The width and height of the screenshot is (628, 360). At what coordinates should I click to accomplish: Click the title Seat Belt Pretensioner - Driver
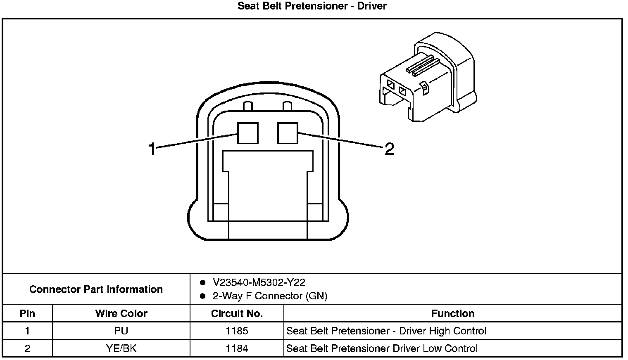pos(312,6)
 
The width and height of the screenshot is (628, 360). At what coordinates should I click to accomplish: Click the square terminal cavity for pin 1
pos(247,133)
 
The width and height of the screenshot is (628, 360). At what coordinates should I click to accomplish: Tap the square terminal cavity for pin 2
pos(288,133)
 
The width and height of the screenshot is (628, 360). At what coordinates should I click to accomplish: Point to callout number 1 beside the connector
pos(152,149)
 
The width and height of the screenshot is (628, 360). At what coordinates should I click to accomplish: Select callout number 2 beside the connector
pos(389,149)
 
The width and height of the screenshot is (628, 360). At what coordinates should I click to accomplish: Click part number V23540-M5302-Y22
pos(259,283)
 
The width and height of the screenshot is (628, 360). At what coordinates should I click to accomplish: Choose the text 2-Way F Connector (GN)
pos(269,296)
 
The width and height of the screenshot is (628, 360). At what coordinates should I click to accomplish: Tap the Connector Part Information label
pos(96,289)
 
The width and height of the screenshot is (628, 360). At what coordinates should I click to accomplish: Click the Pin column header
pos(27,314)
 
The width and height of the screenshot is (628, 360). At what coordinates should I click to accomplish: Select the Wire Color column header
pos(121,314)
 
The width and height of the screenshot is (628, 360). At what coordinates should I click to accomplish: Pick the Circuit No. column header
pos(237,314)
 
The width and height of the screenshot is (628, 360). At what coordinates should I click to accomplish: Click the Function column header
pos(452,314)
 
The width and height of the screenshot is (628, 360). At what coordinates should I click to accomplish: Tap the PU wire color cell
pos(121,331)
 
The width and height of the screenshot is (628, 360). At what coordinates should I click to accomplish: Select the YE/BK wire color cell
pos(121,349)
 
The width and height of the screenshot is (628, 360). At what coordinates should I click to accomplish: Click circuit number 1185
pos(237,331)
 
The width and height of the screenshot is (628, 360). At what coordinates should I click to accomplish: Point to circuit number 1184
pos(237,349)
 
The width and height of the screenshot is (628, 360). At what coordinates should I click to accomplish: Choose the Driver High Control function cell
pos(386,331)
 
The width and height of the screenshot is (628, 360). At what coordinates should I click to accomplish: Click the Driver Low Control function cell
pos(381,349)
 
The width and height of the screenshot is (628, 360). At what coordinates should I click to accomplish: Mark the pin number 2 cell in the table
pos(27,349)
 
